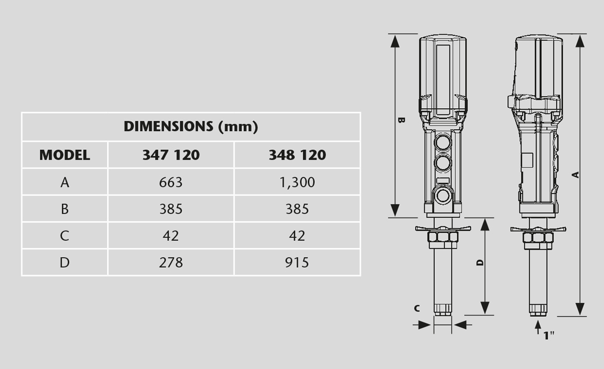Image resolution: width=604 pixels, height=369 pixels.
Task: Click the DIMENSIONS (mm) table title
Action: click(191, 126)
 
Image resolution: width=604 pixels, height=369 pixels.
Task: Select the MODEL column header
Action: click(64, 155)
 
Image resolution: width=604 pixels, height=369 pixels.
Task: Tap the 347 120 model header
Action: click(171, 155)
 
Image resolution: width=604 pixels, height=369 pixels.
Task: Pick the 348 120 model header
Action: click(297, 155)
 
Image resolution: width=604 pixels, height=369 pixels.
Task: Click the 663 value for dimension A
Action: click(171, 182)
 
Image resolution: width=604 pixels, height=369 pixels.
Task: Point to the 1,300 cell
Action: click(297, 182)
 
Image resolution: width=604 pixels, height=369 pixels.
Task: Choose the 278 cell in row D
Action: click(171, 262)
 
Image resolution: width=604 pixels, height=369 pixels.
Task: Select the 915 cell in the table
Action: click(297, 262)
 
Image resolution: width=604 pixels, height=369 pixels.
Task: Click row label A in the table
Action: click(65, 182)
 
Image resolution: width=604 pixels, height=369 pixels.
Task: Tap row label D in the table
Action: click(64, 262)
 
